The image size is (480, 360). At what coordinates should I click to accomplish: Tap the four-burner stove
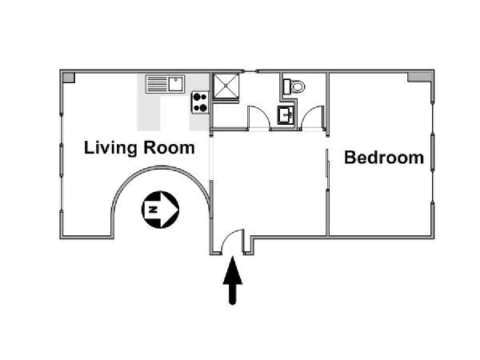(200, 102)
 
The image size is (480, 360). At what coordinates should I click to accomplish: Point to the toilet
(294, 85)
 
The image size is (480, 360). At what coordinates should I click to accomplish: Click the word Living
(110, 148)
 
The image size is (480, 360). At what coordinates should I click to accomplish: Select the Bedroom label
(383, 158)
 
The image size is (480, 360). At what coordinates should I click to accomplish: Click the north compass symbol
(160, 210)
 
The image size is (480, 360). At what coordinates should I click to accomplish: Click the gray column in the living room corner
(68, 77)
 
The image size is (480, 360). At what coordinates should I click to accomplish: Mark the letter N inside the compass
(153, 210)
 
